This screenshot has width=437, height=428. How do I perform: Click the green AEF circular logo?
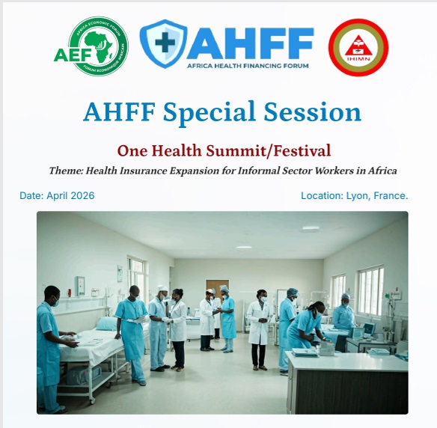click(x=92, y=46)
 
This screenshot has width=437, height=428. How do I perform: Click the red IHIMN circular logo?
click(x=358, y=48)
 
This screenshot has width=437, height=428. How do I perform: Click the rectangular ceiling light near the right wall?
click(x=310, y=228)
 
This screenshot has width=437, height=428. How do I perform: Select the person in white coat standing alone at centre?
click(x=259, y=329)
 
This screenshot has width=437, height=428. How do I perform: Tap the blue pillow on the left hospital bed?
click(x=105, y=323)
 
